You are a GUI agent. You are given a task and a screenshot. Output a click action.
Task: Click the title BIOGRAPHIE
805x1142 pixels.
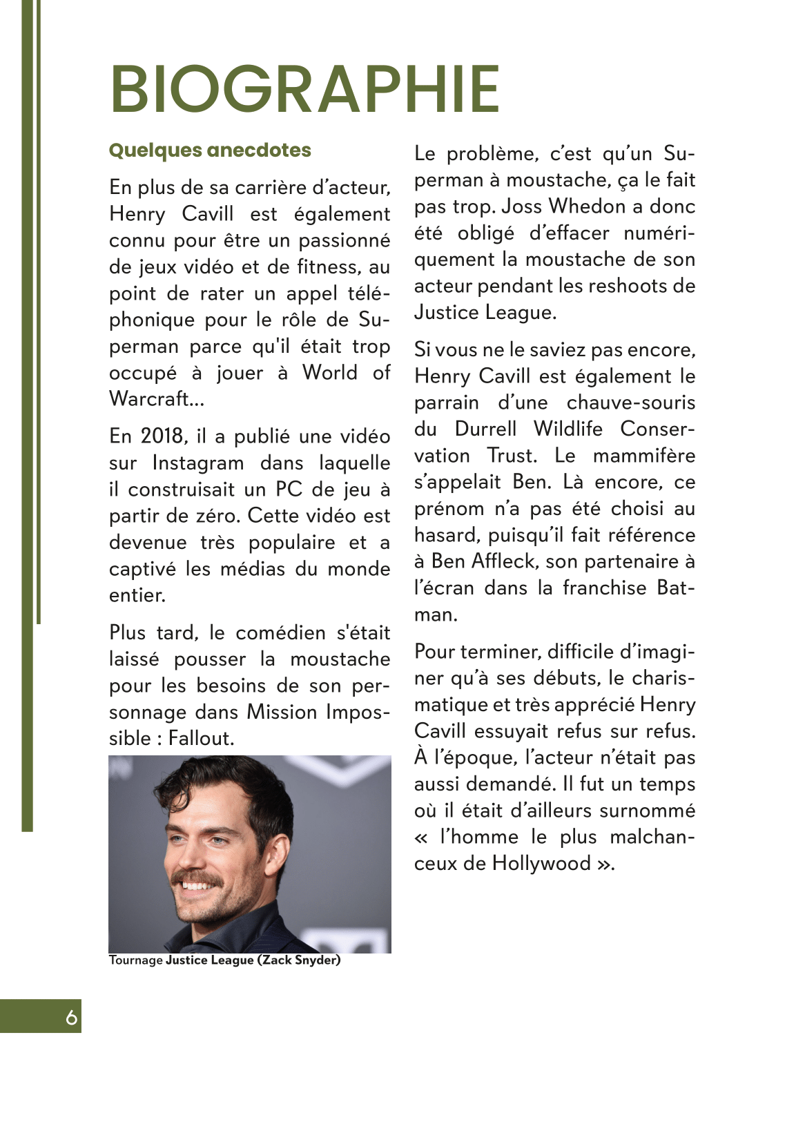point(304,90)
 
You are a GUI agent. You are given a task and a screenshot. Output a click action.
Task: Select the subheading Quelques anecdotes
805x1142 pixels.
point(210,151)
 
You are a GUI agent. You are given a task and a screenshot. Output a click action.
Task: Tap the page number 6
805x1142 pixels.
point(71,1018)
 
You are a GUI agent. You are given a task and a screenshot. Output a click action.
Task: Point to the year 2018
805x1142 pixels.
point(163,436)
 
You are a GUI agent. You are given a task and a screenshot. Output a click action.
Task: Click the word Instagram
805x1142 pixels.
point(198,463)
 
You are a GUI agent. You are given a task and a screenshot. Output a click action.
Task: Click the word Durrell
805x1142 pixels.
point(485,429)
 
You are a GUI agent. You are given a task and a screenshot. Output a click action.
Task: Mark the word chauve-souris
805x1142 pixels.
point(631,403)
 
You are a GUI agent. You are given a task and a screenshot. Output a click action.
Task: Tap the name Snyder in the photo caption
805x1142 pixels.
point(317,960)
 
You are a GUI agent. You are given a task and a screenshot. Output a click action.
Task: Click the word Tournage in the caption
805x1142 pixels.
point(135,960)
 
